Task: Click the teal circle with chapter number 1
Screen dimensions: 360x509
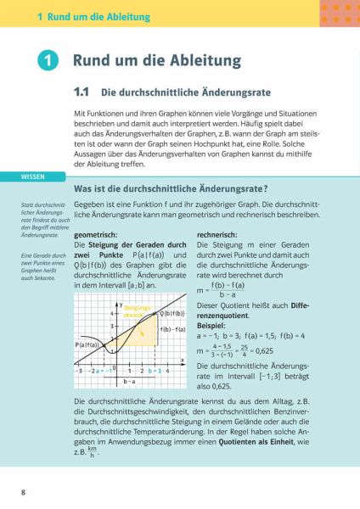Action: (x=49, y=62)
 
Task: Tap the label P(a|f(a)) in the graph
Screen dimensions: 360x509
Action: (x=90, y=345)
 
